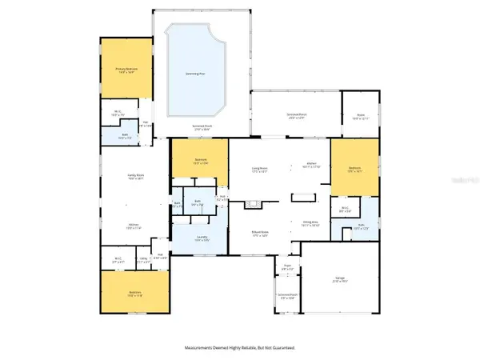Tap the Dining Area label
coord(310,223)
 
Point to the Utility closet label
coord(144,258)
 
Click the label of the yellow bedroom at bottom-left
coord(134,294)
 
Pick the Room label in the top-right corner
coord(360,116)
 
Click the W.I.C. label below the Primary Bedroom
coord(117,113)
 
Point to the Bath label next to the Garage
coord(361,227)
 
